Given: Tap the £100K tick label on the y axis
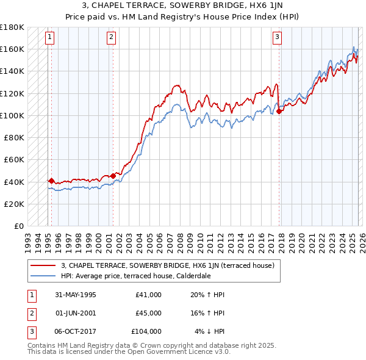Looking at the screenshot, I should point(12,115).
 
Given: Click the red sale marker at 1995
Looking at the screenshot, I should point(51,181).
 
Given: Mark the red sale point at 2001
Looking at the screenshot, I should point(113,176).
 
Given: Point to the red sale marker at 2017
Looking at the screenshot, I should point(279,111).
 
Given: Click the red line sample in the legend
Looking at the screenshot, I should point(43,265).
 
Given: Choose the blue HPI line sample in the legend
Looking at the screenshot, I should point(43,275).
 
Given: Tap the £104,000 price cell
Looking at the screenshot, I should point(146,331).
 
